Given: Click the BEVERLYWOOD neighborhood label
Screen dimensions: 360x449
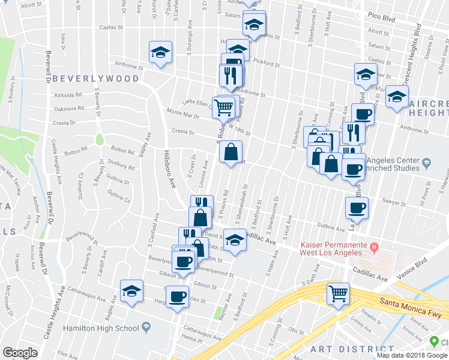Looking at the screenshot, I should [x=95, y=79].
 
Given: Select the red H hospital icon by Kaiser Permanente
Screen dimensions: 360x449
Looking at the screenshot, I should [x=375, y=247].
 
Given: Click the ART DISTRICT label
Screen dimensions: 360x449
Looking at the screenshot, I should [x=343, y=349].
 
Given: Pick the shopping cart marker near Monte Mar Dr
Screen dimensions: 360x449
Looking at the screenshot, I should [x=224, y=107].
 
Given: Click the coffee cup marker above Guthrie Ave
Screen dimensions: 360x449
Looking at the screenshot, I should [x=357, y=208].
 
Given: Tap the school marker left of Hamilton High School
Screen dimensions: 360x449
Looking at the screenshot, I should [x=131, y=292].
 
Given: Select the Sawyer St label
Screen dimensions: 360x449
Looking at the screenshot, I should [x=395, y=203].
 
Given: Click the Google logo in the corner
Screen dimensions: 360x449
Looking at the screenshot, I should [x=20, y=353].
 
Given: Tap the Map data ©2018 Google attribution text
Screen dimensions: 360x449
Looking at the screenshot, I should [x=403, y=355].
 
